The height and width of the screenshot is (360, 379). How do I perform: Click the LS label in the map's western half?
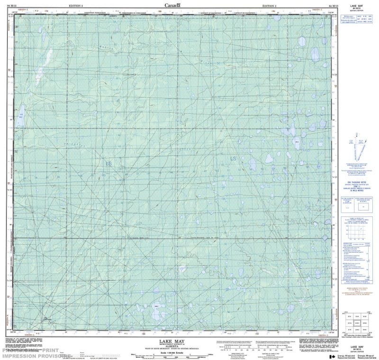109,164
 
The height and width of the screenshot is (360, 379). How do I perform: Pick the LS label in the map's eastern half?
233,158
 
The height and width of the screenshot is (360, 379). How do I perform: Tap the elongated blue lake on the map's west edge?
21,112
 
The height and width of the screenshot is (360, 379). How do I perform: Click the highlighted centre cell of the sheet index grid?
354,323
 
